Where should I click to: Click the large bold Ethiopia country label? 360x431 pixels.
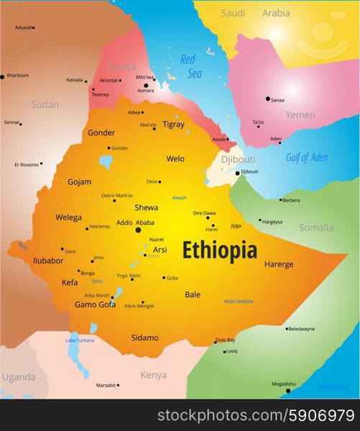tap(219, 250)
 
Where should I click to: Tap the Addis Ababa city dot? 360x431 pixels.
tap(138, 230)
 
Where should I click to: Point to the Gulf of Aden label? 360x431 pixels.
tap(306, 157)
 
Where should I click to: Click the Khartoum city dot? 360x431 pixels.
tap(2, 76)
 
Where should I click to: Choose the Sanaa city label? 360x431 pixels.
tap(277, 100)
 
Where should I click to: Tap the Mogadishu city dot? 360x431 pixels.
tap(288, 390)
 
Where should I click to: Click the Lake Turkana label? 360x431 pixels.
tap(80, 340)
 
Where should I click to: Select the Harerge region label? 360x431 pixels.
tap(279, 264)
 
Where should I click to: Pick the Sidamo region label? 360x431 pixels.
tap(145, 338)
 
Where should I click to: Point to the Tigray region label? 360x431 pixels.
tap(173, 124)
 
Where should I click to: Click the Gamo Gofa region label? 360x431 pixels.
tap(95, 305)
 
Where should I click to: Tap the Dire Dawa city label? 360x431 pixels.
tap(204, 213)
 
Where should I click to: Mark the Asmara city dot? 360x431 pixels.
tap(146, 85)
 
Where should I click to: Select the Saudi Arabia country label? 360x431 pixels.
tap(255, 13)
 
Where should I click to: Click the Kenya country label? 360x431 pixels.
tap(153, 375)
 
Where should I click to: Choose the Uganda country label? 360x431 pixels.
tap(18, 377)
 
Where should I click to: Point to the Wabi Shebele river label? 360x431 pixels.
tap(239, 301)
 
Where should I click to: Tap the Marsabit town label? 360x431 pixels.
tap(106, 385)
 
